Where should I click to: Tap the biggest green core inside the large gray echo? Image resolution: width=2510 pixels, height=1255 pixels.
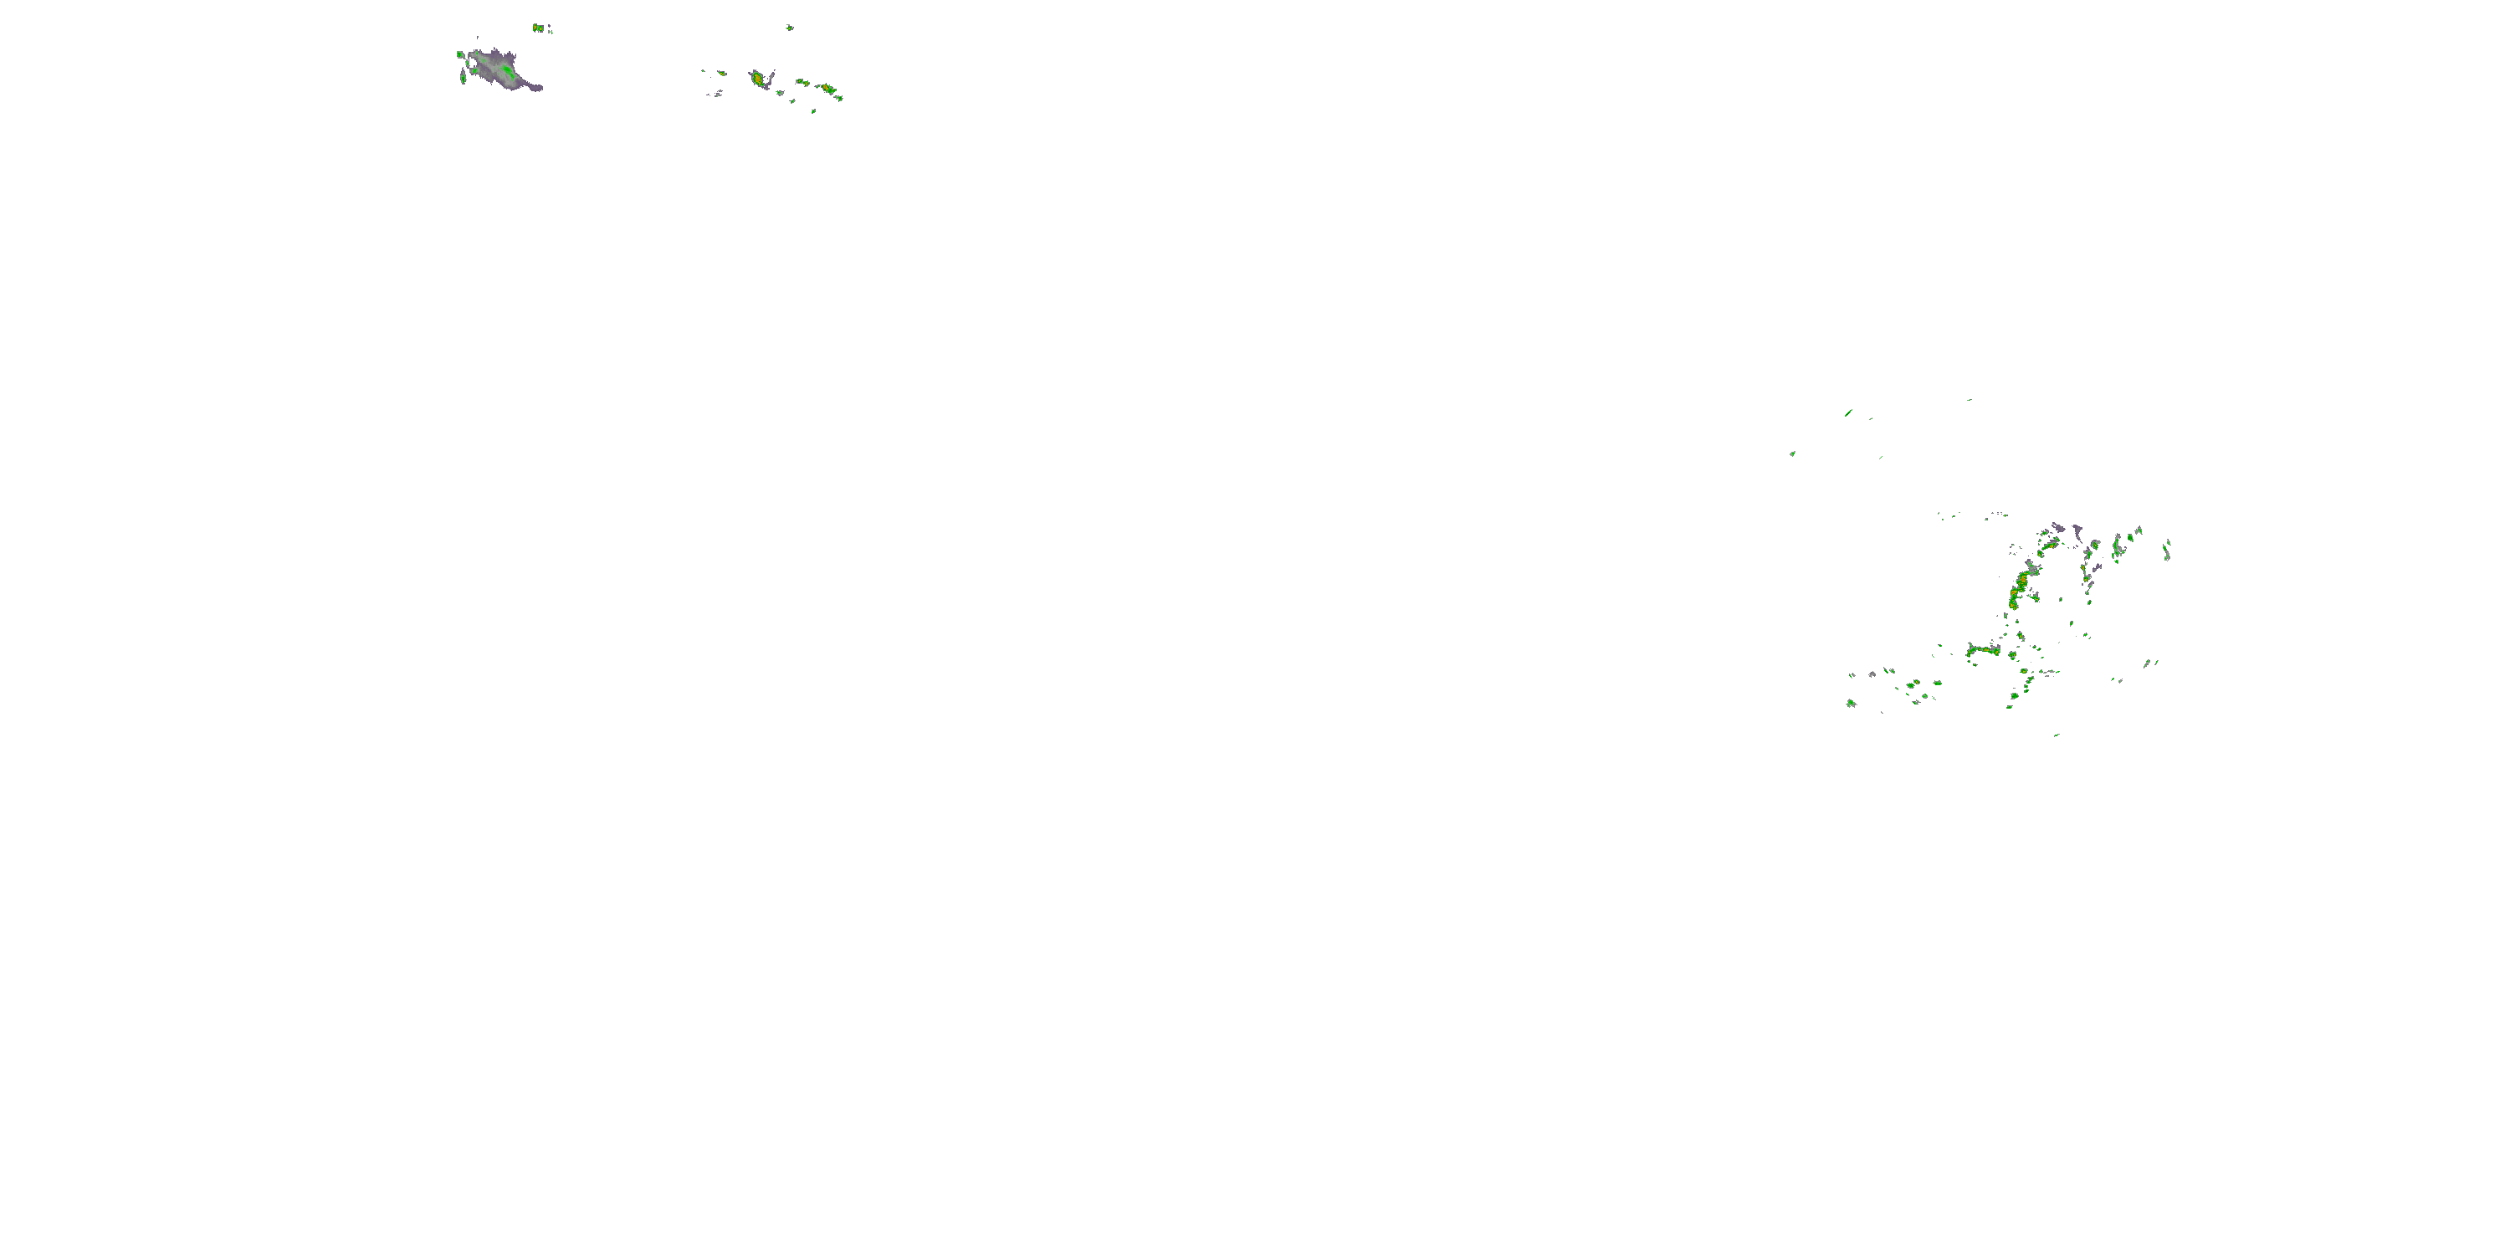point(508,72)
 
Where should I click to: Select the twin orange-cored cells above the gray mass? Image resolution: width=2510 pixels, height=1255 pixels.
point(539,28)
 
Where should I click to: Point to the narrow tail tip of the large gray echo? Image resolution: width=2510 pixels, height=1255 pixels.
point(539,89)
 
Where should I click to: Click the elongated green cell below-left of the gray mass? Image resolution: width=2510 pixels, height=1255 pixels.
point(463,76)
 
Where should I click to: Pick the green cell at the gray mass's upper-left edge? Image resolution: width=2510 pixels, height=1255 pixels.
point(460,54)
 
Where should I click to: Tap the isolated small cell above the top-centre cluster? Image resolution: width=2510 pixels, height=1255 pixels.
point(789,28)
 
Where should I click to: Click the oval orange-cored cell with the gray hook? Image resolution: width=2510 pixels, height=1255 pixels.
point(757,78)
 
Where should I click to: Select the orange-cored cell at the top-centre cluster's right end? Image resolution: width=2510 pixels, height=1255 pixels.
point(829,90)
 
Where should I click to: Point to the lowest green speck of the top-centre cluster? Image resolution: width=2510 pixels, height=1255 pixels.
point(813,111)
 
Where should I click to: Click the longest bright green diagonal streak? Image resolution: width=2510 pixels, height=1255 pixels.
point(1848,413)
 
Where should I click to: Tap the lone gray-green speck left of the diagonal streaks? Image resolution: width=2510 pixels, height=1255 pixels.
point(1792,453)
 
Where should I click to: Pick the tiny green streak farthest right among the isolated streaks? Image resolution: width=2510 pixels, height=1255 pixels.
point(1970,399)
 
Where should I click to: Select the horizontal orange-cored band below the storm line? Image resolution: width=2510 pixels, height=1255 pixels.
point(1983,650)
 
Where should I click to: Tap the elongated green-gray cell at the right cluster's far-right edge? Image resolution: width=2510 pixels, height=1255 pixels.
point(2166,551)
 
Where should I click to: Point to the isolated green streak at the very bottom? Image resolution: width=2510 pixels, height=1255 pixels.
point(2056,735)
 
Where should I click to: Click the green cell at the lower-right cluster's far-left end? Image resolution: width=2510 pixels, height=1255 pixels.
point(1851,703)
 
